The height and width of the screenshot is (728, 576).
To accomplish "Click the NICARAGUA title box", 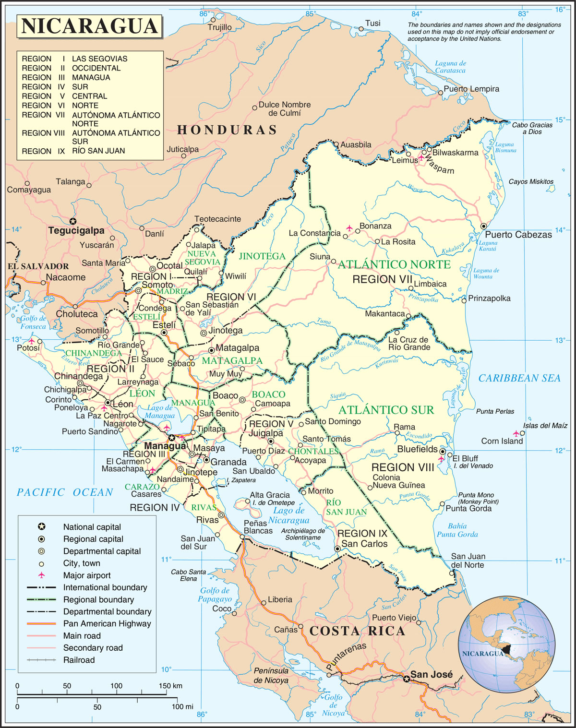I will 90,26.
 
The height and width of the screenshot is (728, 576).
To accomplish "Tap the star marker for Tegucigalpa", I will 72,221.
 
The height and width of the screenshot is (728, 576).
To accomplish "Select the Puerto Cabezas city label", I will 518,235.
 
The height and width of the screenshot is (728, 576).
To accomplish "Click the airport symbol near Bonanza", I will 349,227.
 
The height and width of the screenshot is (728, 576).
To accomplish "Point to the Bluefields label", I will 417,449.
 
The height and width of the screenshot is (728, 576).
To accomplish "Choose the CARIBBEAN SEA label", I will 519,378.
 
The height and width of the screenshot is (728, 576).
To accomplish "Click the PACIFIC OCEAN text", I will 65,492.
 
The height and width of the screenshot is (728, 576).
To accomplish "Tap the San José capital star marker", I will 407,679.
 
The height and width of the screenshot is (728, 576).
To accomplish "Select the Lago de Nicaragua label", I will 288,515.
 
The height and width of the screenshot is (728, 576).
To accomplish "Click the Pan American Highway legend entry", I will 107,623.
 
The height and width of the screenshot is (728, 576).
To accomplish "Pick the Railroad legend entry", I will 79,660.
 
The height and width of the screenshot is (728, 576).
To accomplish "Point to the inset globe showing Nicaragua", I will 506,644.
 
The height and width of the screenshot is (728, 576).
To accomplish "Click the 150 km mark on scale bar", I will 170,686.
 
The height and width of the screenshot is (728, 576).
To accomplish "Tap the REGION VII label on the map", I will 382,279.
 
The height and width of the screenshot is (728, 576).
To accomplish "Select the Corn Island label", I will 502,441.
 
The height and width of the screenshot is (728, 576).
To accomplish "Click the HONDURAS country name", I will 227,130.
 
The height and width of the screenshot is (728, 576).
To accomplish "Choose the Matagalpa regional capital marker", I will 211,350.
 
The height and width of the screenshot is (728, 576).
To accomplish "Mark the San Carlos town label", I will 364,544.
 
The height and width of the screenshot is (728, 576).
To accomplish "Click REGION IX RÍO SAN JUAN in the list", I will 73,151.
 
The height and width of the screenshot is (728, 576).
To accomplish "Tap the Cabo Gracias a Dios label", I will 532,128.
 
